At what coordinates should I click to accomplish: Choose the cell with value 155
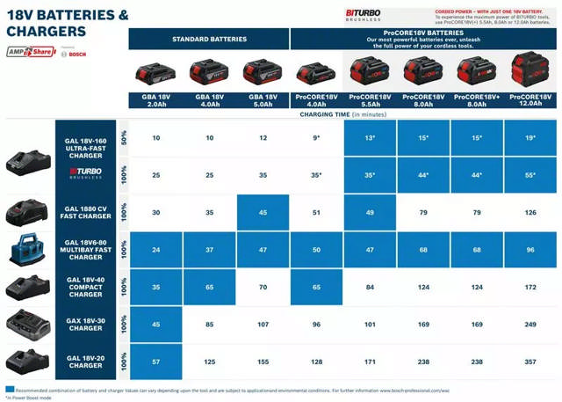coord(263,362)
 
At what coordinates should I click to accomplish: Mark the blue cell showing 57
coord(156,362)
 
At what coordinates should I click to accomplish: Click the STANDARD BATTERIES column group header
coord(209,39)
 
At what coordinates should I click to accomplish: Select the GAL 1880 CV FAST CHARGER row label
coord(85,212)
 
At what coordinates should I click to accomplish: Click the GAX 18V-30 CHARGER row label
coord(85,325)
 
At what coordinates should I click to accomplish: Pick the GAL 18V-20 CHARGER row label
coord(85,362)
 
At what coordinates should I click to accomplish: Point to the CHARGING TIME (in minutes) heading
coord(343,114)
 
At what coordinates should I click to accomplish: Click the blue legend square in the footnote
coord(9,388)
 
